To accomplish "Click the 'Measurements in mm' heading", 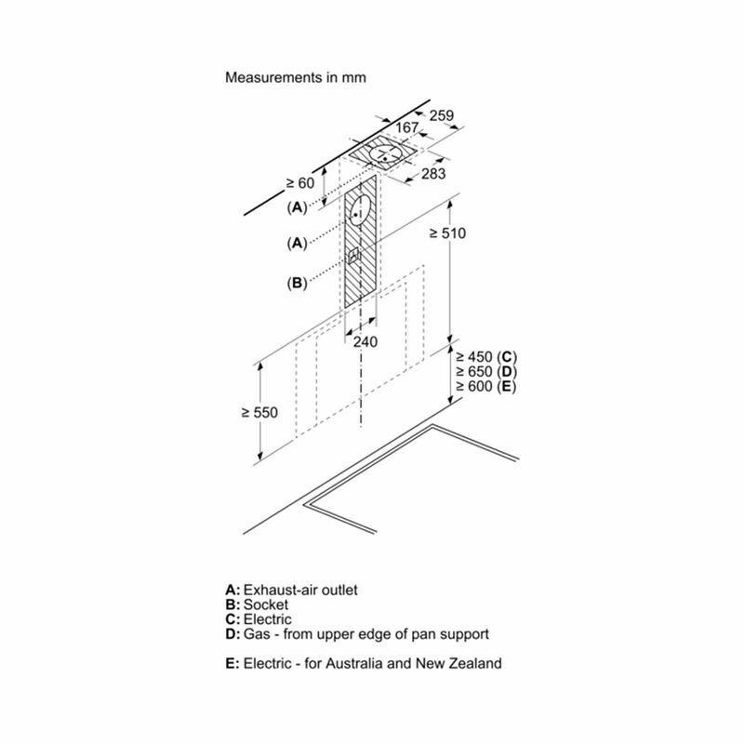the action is click(x=296, y=77).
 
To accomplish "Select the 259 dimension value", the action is click(x=442, y=115).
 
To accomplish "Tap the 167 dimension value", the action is click(x=407, y=127).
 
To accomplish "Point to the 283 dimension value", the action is click(x=433, y=174).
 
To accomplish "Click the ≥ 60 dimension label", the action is click(x=300, y=182).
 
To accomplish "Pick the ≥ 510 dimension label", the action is click(x=448, y=233).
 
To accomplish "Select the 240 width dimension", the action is click(x=365, y=341).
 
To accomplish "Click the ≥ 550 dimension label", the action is click(x=259, y=412).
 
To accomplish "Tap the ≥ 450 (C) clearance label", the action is click(x=485, y=357).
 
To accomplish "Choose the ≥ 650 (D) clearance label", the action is click(x=485, y=371).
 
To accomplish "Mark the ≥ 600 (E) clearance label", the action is click(x=485, y=386).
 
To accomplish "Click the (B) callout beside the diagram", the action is click(x=297, y=283).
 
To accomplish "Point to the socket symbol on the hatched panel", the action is click(x=354, y=257).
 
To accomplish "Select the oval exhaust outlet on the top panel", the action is click(x=386, y=154).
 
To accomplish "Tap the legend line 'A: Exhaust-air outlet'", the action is click(x=291, y=590).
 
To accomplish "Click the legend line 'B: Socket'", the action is click(x=257, y=604).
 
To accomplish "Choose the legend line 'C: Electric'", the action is click(x=259, y=619).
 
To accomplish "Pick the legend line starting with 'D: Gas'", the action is click(x=357, y=634).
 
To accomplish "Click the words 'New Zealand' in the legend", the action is click(x=458, y=663).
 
